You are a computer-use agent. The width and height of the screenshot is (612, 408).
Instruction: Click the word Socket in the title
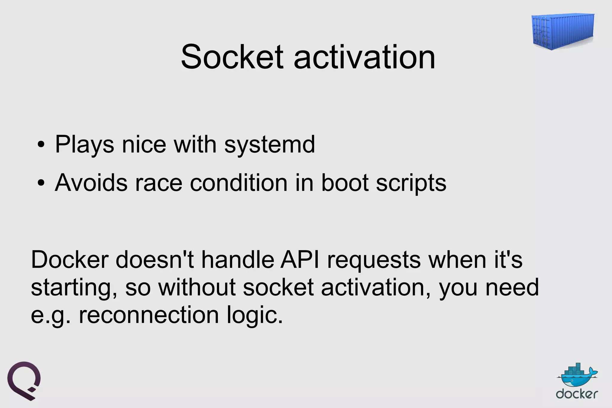click(232, 57)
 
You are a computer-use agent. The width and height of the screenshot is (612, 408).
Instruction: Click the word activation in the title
click(364, 57)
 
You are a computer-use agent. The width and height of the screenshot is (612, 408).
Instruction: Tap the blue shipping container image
click(563, 31)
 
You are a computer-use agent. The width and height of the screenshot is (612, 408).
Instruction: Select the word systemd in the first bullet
click(270, 145)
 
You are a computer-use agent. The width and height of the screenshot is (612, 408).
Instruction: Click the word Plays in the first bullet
click(85, 145)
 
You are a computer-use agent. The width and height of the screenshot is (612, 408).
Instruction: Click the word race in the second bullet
click(158, 183)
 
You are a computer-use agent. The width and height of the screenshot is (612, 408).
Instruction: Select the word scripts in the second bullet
click(411, 183)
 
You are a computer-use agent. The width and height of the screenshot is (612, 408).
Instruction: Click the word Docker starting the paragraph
click(70, 259)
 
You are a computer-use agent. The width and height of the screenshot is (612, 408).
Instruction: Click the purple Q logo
click(24, 380)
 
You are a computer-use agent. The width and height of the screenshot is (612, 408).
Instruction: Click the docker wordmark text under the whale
click(577, 394)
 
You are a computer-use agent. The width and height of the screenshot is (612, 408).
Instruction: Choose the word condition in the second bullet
click(238, 183)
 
